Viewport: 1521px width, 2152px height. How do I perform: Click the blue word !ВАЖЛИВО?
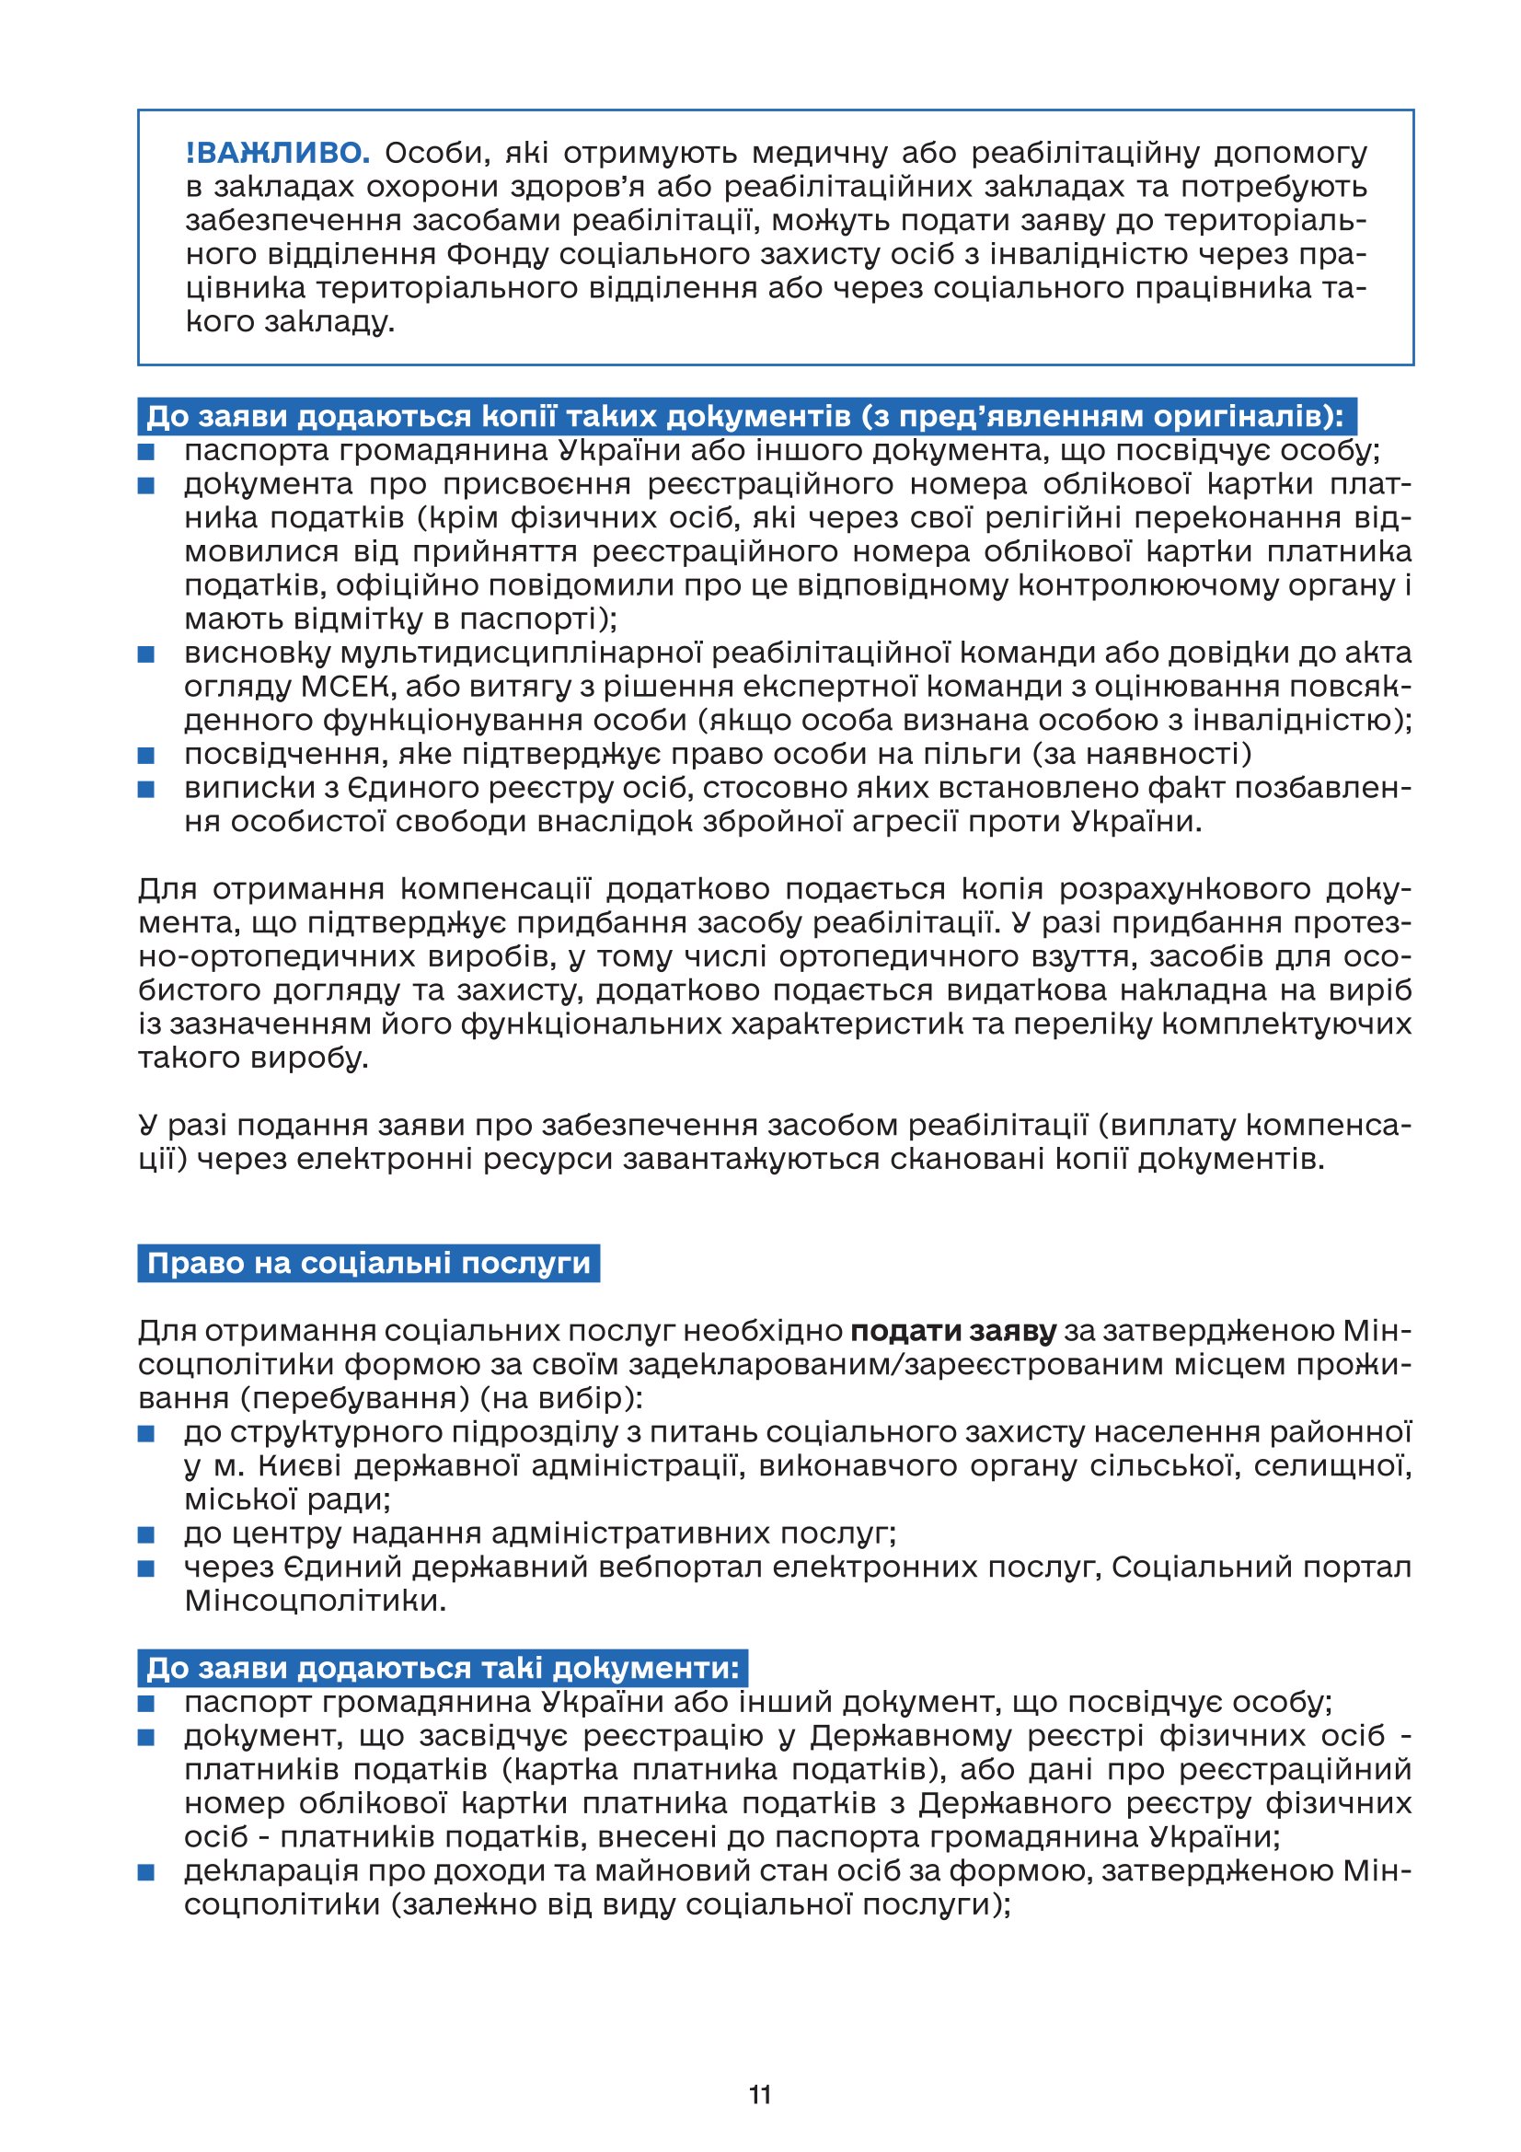[277, 153]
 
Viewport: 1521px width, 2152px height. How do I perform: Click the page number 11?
[760, 2094]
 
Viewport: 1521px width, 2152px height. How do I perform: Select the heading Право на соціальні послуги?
[368, 1264]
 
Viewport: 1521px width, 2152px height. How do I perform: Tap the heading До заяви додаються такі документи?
[443, 1669]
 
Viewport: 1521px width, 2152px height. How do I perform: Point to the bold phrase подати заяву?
[953, 1331]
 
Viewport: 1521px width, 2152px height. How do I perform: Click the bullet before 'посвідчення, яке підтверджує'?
[146, 755]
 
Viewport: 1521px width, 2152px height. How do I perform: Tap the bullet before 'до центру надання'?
[146, 1534]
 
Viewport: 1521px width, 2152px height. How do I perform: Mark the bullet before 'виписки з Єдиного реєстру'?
[146, 788]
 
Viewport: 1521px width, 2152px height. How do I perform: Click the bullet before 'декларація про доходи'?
[146, 1872]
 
